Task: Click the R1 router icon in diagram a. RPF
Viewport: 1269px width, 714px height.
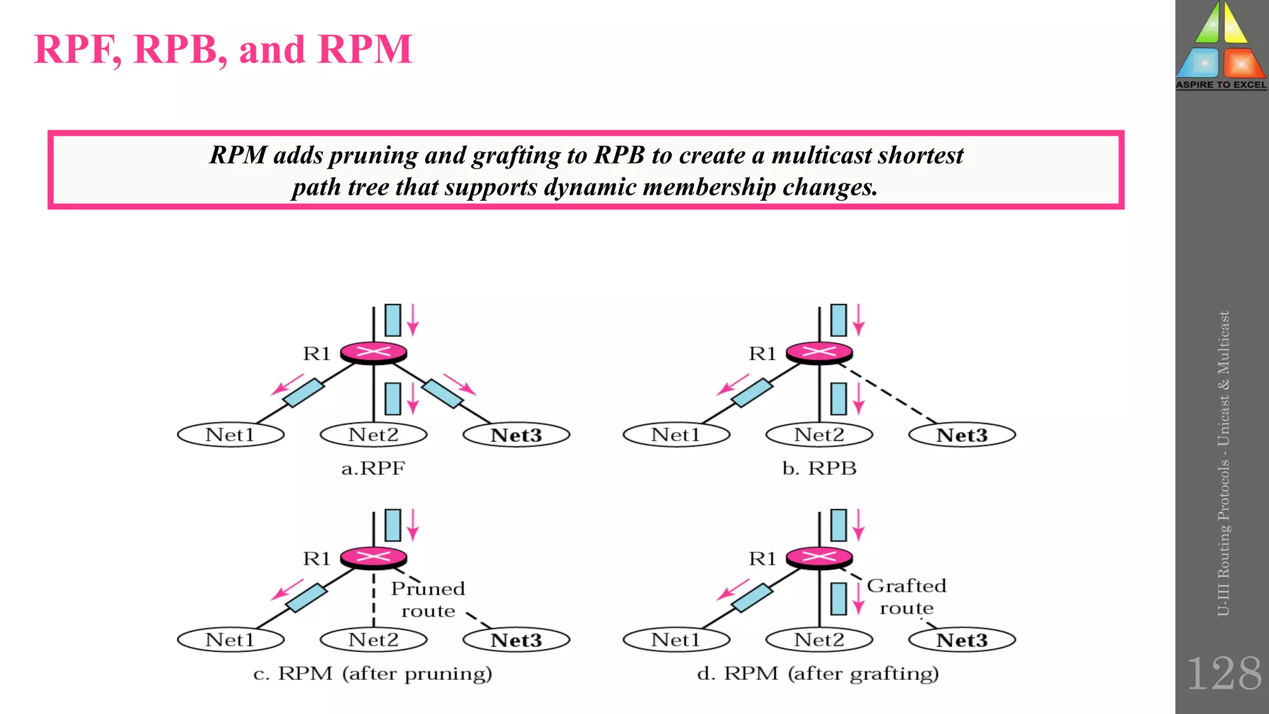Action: coord(374,353)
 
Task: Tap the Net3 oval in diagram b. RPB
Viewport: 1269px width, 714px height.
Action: coord(962,434)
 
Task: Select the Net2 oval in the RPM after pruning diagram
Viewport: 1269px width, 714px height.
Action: coord(373,640)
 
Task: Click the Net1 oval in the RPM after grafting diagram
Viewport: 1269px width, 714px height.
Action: coord(676,640)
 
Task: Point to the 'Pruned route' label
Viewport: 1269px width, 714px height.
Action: coord(428,599)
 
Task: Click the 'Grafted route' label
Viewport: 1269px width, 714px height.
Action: coord(907,596)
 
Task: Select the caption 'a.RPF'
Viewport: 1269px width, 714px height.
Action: coord(373,468)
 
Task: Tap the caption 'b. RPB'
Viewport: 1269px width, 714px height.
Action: coord(819,468)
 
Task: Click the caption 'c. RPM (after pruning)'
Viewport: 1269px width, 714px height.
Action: coord(372,673)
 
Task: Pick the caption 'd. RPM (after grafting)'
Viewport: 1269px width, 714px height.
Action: coord(818,673)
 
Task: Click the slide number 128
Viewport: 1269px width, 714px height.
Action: coord(1223,674)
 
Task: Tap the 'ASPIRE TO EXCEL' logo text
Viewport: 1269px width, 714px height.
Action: coord(1221,85)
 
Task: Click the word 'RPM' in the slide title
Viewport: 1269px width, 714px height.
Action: coord(365,49)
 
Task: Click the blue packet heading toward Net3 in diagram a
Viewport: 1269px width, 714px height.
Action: coord(442,394)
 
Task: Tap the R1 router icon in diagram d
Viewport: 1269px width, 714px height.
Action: coord(819,557)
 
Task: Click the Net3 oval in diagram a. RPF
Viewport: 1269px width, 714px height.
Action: coord(516,434)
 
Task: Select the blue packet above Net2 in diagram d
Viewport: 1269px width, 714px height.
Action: coord(838,599)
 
